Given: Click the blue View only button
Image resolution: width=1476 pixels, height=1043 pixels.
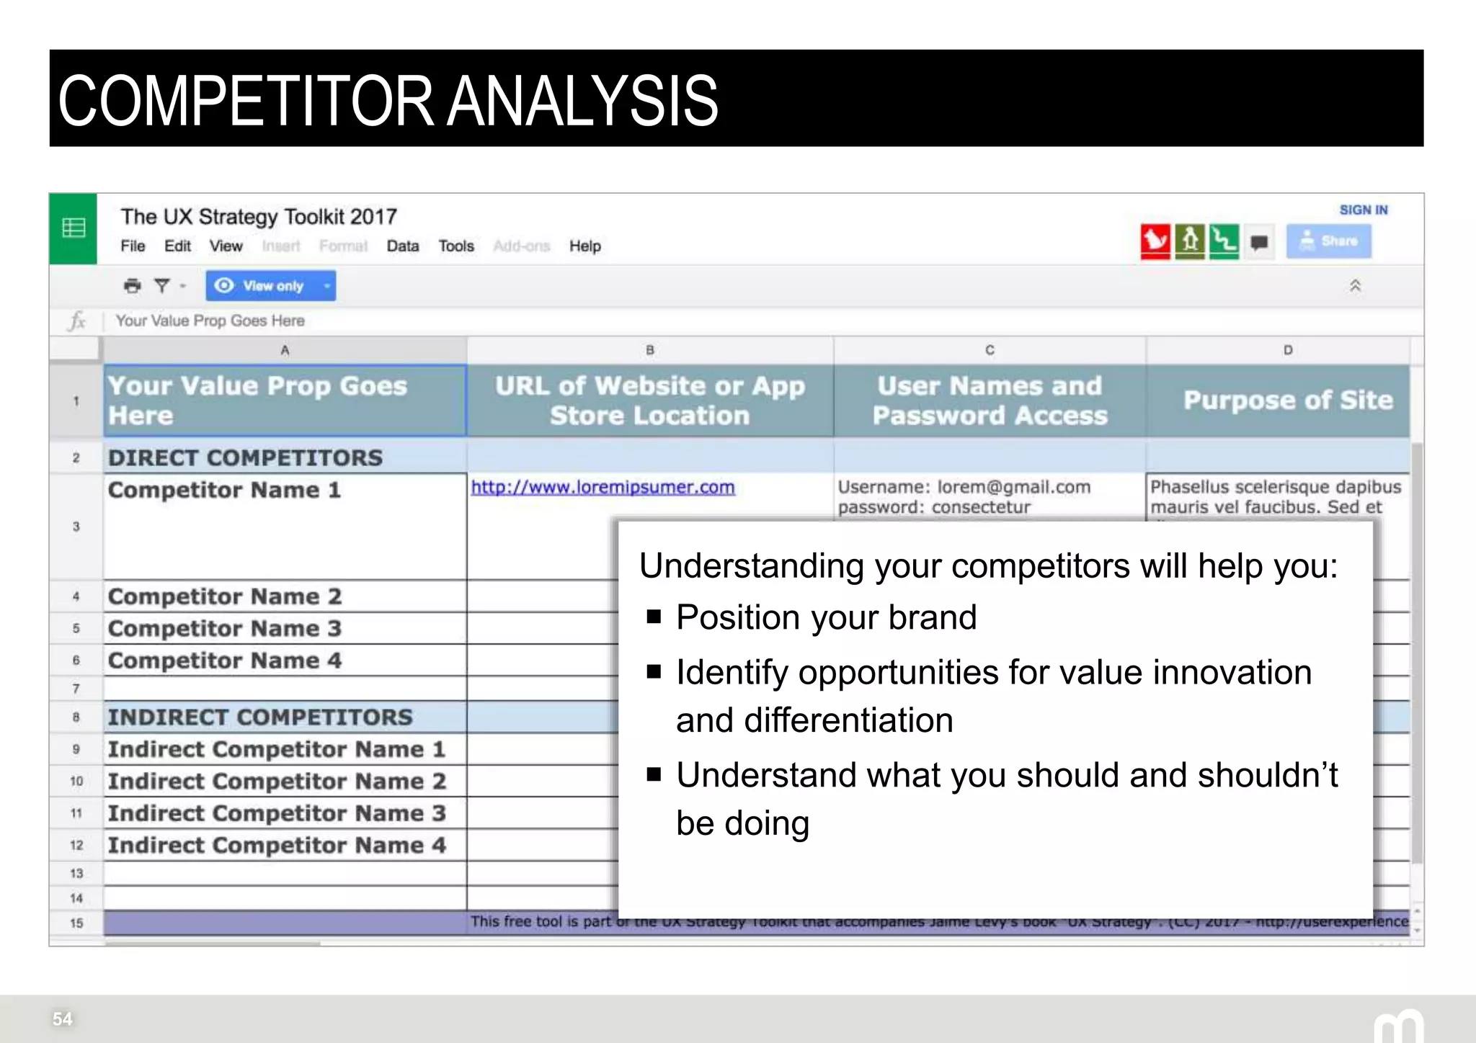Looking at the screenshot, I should click(x=270, y=286).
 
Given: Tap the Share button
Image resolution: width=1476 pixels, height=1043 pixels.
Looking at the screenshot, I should click(x=1328, y=241).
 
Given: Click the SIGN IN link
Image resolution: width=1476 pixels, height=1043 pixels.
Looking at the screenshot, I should click(x=1363, y=210).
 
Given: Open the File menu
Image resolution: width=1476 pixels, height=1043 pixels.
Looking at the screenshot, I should click(x=133, y=246).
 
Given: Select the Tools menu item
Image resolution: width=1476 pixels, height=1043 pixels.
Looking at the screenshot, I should click(x=456, y=246).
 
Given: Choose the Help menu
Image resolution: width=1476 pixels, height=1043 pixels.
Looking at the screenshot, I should click(x=584, y=246).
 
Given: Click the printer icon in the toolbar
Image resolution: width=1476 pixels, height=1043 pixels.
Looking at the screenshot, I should click(x=132, y=286).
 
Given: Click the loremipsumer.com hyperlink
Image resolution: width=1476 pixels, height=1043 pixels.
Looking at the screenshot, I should click(x=603, y=488).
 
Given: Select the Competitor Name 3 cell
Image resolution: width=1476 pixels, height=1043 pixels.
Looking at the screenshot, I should click(x=224, y=629).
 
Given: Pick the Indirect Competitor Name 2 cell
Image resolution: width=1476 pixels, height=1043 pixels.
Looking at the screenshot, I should click(x=277, y=782).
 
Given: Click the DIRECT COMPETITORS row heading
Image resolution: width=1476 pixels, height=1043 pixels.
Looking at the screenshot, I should click(x=245, y=458).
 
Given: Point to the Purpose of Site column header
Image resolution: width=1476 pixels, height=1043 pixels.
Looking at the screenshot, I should click(x=1287, y=400).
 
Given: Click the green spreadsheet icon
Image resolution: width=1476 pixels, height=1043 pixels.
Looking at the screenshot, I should click(x=74, y=228).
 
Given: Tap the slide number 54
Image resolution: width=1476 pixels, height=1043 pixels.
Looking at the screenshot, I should click(x=63, y=1019).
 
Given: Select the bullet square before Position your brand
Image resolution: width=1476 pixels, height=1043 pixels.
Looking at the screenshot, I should click(x=654, y=617).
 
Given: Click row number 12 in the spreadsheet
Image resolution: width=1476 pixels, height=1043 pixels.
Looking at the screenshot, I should click(x=76, y=845).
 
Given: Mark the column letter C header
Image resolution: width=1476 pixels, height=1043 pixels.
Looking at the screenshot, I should click(x=990, y=350).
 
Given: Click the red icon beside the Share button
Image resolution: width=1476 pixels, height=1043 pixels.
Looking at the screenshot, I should click(x=1155, y=241).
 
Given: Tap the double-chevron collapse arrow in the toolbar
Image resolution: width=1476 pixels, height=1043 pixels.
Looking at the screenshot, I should click(x=1355, y=286).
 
